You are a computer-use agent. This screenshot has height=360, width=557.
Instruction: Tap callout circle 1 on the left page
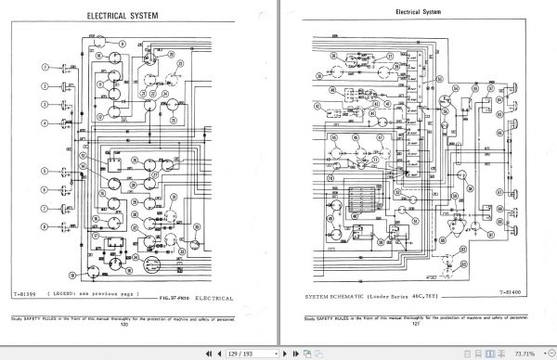[44, 67]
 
